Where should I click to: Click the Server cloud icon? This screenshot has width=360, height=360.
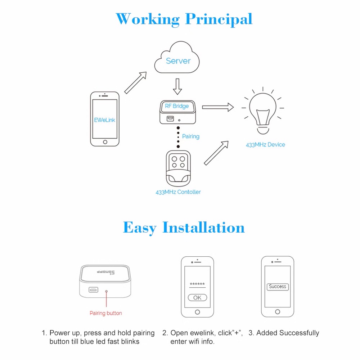177,60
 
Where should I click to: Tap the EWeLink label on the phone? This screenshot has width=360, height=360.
105,120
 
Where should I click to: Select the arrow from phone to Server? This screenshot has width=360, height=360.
136,82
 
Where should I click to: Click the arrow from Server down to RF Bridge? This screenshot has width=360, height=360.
177,86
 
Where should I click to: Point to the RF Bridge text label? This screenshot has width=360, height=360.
177,106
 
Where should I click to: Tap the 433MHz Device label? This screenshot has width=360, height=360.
265,145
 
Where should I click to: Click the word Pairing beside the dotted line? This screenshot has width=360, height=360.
190,136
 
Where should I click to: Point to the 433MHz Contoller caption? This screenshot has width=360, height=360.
178,192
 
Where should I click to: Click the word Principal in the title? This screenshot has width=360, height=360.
219,19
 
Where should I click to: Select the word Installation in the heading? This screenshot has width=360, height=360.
203,228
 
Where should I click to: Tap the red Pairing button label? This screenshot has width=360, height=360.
106,313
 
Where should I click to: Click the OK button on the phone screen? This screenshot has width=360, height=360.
197,298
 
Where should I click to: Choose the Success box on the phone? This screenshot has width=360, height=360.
277,287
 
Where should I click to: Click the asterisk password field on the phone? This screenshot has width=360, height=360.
197,284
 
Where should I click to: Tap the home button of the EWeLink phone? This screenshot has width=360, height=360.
105,142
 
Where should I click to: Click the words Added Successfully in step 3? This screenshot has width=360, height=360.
288,333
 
